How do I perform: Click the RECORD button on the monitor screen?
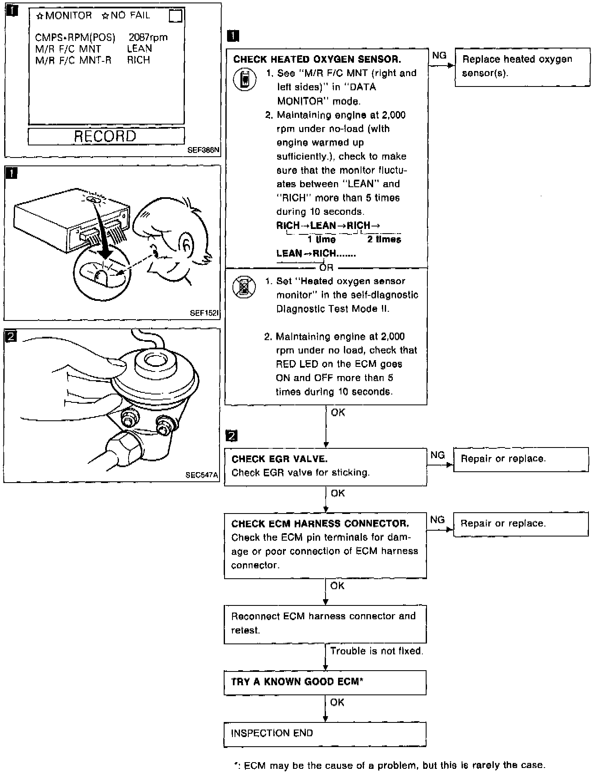106,136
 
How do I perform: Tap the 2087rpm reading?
148,37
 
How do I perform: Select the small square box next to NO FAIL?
176,16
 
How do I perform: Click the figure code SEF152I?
204,313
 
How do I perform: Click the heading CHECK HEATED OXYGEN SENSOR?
317,59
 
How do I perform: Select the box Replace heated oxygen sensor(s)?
522,67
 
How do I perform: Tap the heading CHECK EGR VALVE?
279,459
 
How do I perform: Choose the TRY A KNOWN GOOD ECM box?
325,682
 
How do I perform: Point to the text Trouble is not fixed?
376,651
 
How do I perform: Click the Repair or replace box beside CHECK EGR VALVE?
521,459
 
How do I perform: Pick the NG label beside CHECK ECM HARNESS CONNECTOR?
437,519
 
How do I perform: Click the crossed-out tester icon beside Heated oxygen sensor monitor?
244,288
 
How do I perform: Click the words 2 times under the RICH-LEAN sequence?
384,239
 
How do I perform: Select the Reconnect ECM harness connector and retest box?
325,623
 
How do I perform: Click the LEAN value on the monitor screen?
139,48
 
